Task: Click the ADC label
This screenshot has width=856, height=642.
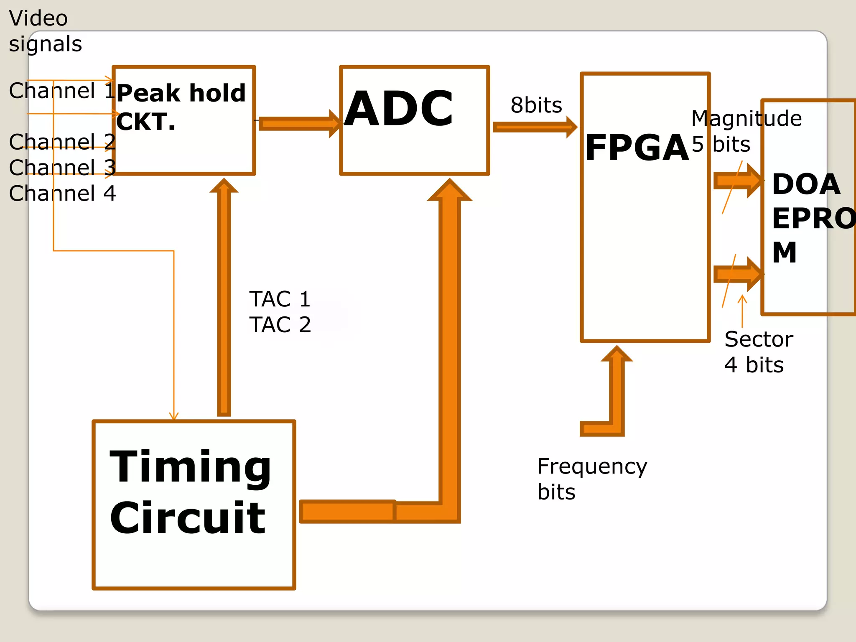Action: point(399,109)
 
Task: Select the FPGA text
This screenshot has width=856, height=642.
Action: point(637,148)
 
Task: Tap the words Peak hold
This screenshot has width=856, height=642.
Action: point(181,93)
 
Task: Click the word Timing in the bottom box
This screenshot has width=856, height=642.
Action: point(191,467)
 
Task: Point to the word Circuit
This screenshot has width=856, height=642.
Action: point(188,518)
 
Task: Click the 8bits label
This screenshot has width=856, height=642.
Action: point(536,105)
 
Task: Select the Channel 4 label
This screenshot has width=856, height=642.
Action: point(62,193)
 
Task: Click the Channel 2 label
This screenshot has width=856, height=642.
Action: point(62,142)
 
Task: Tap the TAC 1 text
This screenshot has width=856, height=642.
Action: point(280,299)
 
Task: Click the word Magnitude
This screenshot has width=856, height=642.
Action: point(746,118)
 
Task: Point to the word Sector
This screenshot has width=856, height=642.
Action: point(759,339)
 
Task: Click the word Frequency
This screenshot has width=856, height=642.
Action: point(592,466)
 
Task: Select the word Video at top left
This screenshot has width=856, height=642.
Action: point(38,18)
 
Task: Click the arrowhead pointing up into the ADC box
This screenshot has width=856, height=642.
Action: point(450,191)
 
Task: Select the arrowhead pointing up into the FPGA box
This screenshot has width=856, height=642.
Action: point(617,354)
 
